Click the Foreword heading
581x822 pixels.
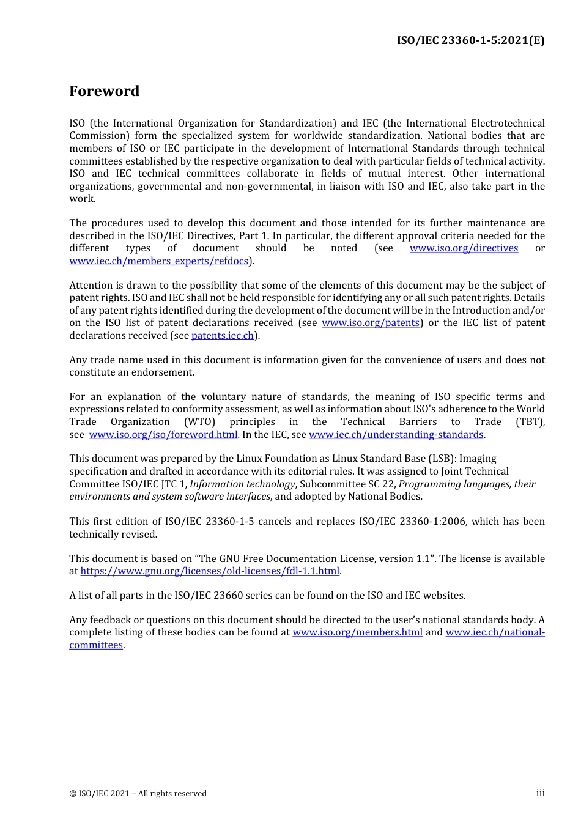104,91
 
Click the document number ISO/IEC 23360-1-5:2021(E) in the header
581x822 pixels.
470,40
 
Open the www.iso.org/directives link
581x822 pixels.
464,248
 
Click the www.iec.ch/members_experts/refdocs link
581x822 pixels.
159,261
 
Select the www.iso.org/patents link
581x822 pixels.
371,323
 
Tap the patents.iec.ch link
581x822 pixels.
223,336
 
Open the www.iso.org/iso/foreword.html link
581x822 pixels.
163,435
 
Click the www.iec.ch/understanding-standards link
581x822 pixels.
396,435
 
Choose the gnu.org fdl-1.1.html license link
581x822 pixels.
210,571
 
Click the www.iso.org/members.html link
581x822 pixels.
357,632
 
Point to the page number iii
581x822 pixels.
540,793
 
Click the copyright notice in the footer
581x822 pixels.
138,794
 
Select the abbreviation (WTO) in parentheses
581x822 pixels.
200,422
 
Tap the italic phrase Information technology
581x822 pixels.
242,484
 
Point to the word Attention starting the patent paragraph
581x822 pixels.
92,286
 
